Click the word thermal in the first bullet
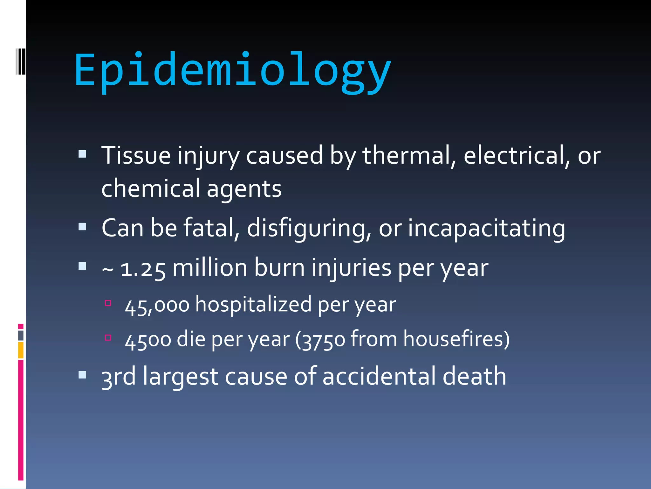point(409,155)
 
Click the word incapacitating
point(486,229)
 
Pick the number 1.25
point(143,269)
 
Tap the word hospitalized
point(253,304)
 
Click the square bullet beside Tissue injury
point(82,154)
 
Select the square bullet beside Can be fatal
point(82,227)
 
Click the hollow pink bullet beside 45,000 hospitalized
point(108,303)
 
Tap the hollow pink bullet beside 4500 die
point(108,337)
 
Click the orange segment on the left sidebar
point(21,350)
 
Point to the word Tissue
point(136,155)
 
